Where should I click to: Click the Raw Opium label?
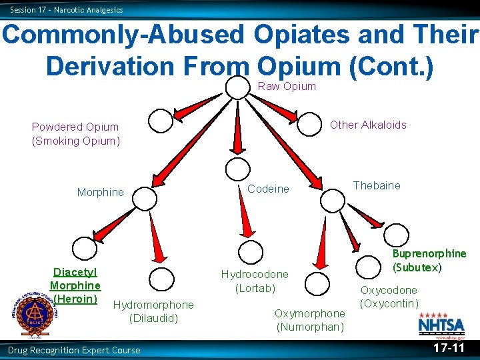pos(287,86)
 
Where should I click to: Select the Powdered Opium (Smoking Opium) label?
pos(75,133)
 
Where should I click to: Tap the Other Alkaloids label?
pos(368,125)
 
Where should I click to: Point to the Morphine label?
pos(100,192)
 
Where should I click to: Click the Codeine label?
pos(268,189)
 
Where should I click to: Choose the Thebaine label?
pos(377,185)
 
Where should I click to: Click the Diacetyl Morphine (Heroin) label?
pos(75,285)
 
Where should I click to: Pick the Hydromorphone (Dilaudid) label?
pos(154,311)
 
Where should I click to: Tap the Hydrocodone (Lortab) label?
pos(255,281)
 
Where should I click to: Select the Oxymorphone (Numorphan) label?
pos(310,320)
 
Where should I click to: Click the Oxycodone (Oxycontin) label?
pos(389,297)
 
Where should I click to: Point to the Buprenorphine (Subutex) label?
pos(429,260)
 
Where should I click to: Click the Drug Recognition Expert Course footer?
pos(74,350)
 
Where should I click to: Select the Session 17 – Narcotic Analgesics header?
pos(66,9)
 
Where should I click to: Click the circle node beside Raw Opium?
pos(237,87)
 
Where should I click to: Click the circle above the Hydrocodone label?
pos(251,252)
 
